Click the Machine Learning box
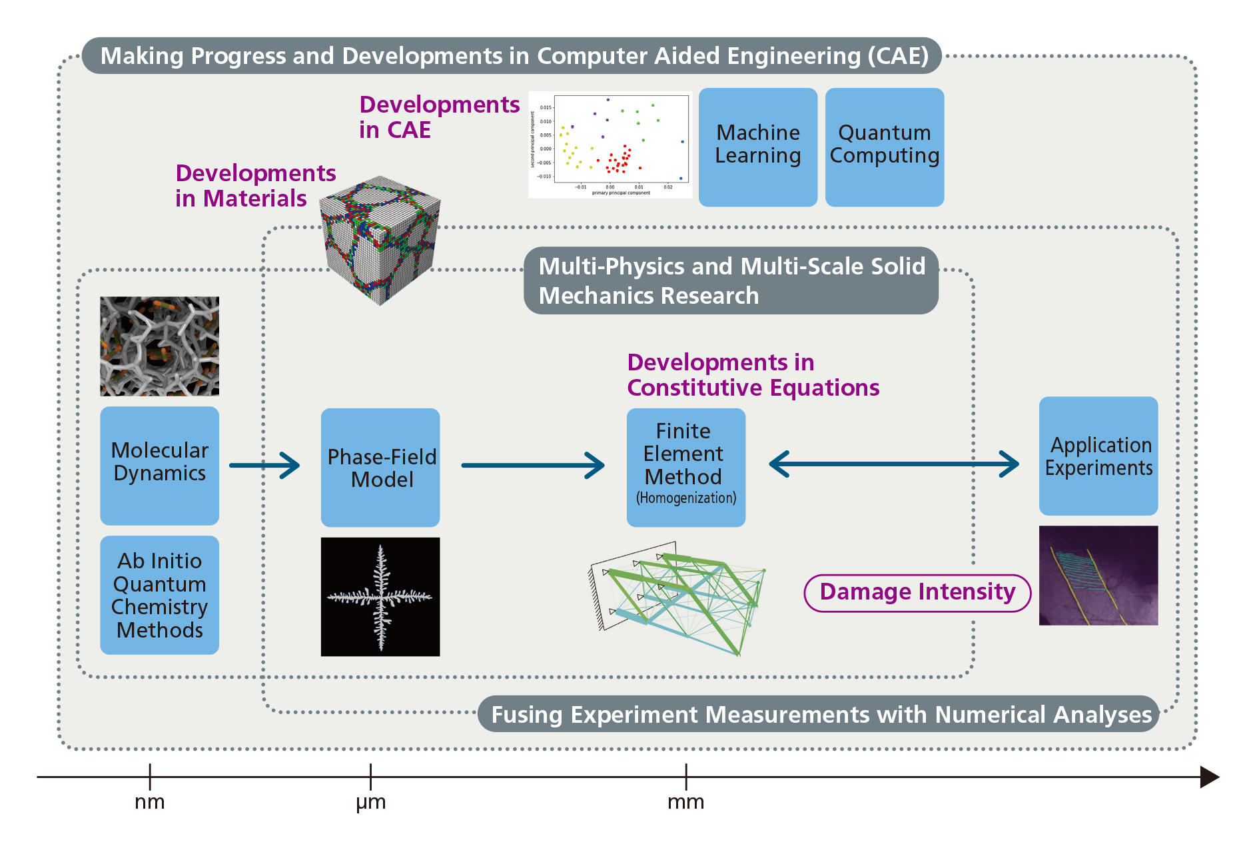coord(757,147)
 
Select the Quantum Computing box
coord(884,147)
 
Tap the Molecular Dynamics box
coord(159,465)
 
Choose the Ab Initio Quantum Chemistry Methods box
coord(159,594)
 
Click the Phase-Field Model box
coord(380,467)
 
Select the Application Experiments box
coord(1098,456)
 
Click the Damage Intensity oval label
coord(917,592)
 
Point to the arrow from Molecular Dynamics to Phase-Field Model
coord(264,465)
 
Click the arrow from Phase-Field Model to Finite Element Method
coord(533,465)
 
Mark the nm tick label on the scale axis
coord(150,802)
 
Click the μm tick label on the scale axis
coord(370,802)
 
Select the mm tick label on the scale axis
coord(685,802)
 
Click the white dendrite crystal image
coord(380,596)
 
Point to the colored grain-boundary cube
coord(380,240)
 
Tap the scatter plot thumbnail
coord(610,145)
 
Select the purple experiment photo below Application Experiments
coord(1098,576)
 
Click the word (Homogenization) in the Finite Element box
coord(686,498)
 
